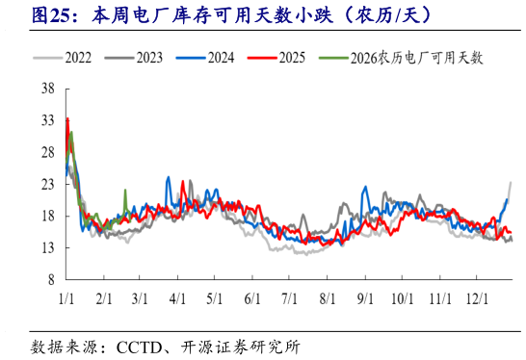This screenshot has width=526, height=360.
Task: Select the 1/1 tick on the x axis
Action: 66,298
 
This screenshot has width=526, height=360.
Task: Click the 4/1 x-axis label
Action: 178,298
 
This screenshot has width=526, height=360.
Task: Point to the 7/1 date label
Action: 289,298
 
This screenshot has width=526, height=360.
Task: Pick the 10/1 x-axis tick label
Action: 402,298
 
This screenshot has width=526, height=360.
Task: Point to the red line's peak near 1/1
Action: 67,118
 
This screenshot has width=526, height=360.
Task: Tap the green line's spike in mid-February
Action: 125,192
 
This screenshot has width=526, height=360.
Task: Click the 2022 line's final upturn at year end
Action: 511,183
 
